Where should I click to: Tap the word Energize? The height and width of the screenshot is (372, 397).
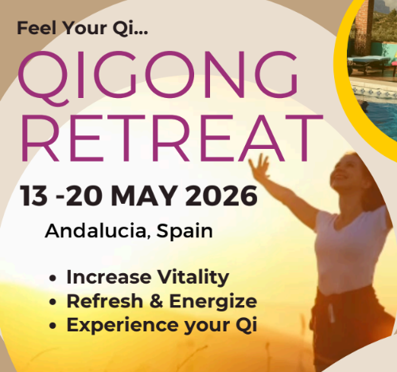click(x=214, y=302)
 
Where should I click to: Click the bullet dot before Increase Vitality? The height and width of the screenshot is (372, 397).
click(x=53, y=280)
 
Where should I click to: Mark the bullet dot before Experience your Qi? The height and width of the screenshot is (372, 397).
click(x=53, y=327)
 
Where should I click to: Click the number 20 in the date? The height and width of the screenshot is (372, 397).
click(x=87, y=194)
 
